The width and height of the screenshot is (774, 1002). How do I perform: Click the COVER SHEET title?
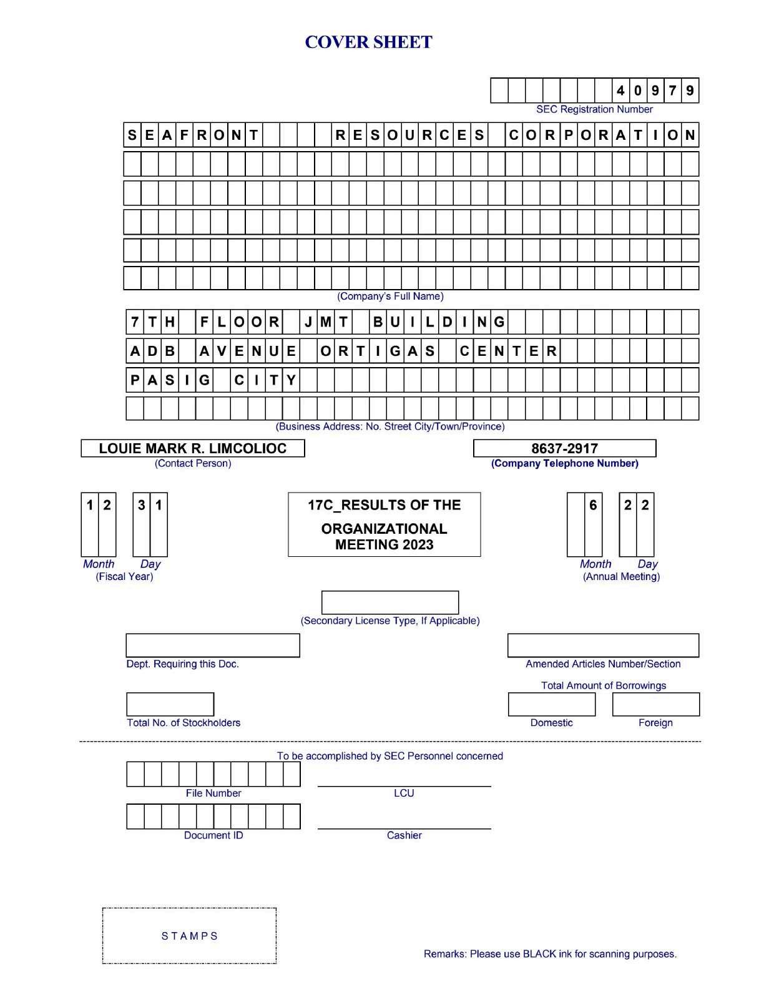point(368,42)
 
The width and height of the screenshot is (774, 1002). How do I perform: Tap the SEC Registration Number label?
point(594,109)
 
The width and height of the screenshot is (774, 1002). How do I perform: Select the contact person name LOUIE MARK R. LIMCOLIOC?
point(193,448)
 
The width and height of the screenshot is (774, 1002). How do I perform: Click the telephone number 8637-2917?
point(564,448)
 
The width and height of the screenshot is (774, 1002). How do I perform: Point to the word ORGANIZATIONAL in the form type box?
point(384,529)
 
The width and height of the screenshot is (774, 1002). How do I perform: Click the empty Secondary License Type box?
point(390,602)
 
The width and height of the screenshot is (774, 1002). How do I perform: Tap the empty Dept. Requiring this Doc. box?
point(213,646)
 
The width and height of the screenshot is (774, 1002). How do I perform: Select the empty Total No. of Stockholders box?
point(170,704)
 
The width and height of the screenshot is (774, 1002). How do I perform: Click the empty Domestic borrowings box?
point(552,704)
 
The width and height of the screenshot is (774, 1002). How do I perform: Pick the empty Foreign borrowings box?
point(656,704)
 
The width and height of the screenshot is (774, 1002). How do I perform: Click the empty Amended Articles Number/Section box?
point(603,646)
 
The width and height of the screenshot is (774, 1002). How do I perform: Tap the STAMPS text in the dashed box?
point(190,936)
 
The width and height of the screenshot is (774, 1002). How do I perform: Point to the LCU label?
point(404,793)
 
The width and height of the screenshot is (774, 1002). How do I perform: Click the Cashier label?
point(404,835)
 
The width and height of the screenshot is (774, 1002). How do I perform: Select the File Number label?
point(213,793)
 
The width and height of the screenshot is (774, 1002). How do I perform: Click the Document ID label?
point(213,835)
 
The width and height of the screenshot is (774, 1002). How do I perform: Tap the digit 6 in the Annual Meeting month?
point(593,505)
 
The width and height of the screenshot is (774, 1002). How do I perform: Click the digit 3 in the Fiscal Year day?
point(142,505)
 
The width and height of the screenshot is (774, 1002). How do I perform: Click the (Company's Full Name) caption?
point(390,296)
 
